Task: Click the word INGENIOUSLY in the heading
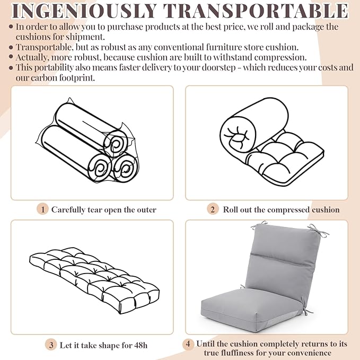pos(84,11)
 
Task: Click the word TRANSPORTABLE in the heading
pos(256,11)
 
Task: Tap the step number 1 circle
pos(42,209)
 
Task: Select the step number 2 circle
pos(213,209)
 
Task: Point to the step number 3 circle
pos(51,345)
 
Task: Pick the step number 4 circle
pos(188,344)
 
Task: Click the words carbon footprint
pos(63,78)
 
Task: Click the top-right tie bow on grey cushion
pos(318,230)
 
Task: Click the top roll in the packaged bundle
pos(92,129)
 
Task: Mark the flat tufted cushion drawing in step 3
pos(94,280)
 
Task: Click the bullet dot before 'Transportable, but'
pos(11,48)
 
